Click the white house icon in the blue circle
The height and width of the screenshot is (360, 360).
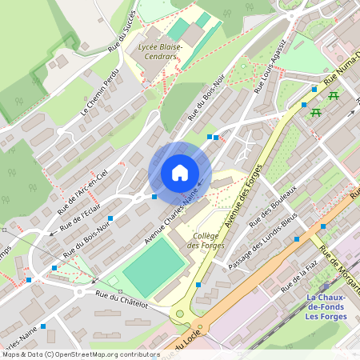pyautogui.click(x=179, y=173)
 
